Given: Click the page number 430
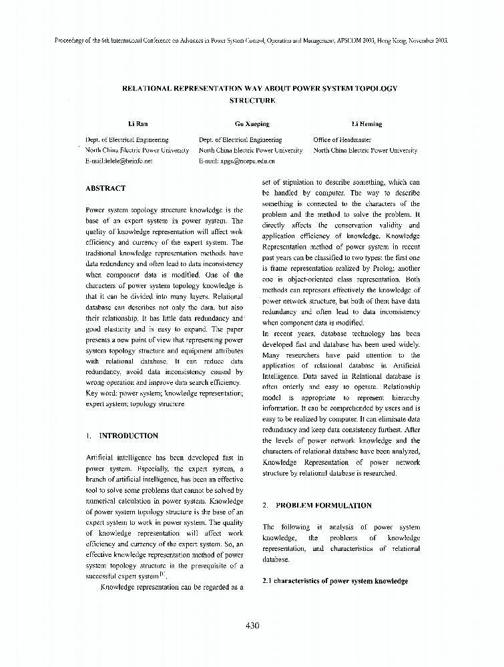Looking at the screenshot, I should (x=252, y=625).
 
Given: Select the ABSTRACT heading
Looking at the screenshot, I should (x=105, y=189).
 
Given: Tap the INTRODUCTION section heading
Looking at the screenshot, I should (x=128, y=436).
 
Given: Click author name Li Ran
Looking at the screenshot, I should (x=138, y=124).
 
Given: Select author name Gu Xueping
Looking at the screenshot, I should (x=248, y=124).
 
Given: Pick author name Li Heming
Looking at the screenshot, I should (x=367, y=124).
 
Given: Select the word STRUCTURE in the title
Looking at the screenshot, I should (x=252, y=101).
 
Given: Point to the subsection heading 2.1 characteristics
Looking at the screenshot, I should (x=335, y=582).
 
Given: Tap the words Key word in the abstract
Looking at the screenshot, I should (x=101, y=394).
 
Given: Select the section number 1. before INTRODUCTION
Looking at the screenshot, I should (x=89, y=436).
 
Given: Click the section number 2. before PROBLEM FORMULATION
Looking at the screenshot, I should (x=265, y=506).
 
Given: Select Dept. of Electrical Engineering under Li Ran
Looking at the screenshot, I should (x=127, y=140).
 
